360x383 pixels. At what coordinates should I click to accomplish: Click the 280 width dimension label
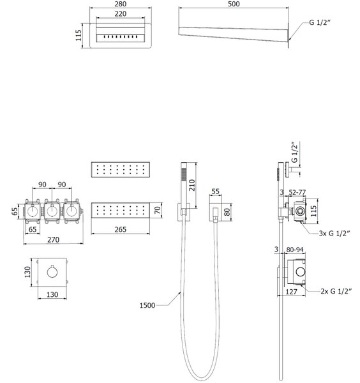(121, 4)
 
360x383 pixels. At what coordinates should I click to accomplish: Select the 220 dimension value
(121, 13)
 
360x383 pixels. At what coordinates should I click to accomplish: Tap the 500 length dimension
(234, 4)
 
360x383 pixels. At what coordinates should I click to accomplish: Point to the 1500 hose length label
(147, 305)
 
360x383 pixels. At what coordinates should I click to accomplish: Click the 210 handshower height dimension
(192, 185)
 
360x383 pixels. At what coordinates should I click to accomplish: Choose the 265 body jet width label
(121, 229)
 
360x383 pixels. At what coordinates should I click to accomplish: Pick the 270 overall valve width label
(53, 239)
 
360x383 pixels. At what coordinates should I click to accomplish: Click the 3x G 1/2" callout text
(334, 233)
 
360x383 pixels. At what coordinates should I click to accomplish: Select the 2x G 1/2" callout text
(336, 291)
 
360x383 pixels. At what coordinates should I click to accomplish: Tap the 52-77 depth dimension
(297, 193)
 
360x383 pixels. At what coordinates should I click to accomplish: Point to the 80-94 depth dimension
(295, 250)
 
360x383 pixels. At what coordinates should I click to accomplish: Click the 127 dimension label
(291, 292)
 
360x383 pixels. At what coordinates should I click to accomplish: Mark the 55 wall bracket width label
(215, 191)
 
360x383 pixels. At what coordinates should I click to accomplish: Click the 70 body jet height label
(158, 210)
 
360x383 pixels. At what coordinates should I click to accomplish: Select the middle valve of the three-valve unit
(52, 211)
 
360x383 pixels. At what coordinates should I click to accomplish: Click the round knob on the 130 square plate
(52, 272)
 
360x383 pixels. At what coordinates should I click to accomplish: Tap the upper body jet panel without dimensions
(121, 169)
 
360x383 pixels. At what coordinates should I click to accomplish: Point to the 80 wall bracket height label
(227, 212)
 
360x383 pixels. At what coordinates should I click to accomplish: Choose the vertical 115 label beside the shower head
(78, 35)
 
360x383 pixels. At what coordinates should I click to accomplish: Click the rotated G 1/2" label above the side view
(295, 153)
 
